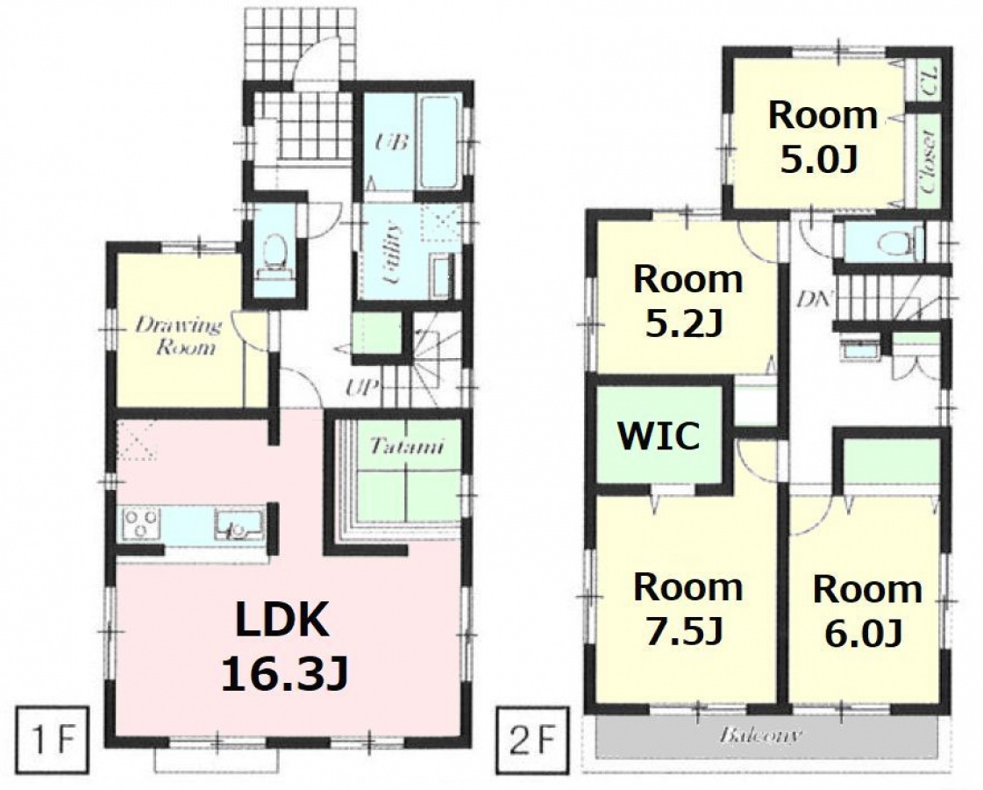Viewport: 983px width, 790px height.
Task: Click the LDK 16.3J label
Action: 283,646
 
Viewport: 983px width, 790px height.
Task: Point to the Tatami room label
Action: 406,446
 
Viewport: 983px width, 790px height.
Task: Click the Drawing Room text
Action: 178,336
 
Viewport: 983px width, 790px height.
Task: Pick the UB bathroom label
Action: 390,142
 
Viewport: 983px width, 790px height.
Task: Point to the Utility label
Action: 391,254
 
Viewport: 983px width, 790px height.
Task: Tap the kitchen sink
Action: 239,524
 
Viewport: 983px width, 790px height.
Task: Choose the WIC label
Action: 659,435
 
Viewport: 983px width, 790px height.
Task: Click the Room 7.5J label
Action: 687,608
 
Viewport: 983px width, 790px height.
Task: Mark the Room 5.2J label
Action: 687,302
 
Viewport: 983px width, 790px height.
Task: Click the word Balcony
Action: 760,736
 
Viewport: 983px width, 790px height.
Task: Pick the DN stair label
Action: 813,299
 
